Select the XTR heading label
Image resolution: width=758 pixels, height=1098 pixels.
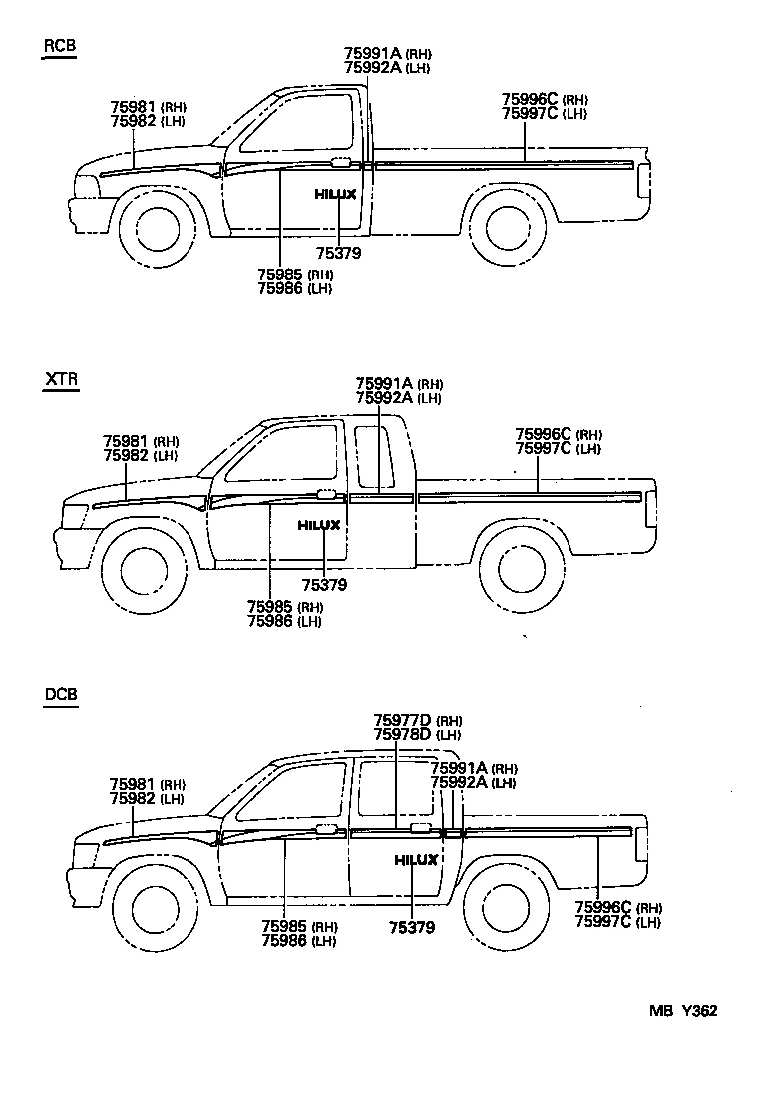click(61, 379)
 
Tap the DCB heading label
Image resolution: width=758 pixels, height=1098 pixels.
click(61, 695)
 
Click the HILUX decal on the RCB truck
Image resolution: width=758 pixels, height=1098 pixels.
click(336, 194)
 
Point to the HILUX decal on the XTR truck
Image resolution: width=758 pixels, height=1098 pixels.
click(319, 525)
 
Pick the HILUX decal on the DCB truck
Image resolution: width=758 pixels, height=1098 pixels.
click(415, 860)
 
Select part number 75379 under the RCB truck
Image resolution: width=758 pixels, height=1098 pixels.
click(338, 254)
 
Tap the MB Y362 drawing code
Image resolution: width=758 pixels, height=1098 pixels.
click(683, 1010)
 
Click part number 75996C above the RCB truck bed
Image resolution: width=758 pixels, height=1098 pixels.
click(530, 99)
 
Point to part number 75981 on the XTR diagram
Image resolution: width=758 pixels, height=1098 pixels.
click(126, 441)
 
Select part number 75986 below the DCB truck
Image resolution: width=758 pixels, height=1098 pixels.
click(284, 941)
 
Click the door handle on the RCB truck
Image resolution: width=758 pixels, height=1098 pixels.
click(340, 161)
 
